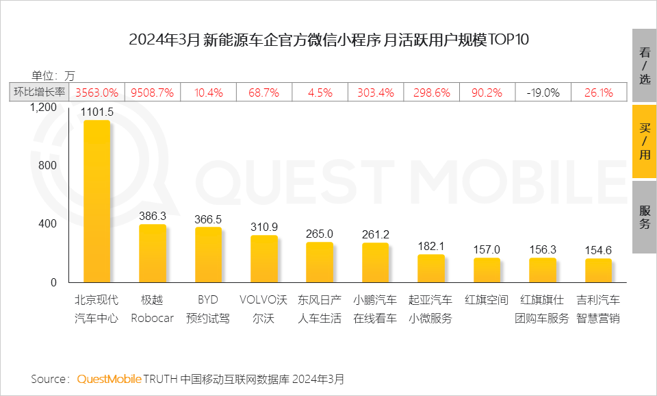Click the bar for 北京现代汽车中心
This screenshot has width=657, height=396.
[x=96, y=201]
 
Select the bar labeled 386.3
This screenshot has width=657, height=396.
[x=153, y=253]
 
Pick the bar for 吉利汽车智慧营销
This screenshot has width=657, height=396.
[x=598, y=270]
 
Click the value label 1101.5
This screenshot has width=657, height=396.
[x=96, y=112]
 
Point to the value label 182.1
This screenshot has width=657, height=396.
[x=431, y=246]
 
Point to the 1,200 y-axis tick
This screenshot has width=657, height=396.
[x=43, y=108]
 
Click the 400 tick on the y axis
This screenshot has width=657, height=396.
[x=48, y=224]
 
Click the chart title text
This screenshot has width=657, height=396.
[x=328, y=40]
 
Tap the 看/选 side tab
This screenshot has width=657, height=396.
[x=644, y=65]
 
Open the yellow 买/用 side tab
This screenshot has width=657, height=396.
[x=644, y=141]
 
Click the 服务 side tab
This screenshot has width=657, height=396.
[x=644, y=217]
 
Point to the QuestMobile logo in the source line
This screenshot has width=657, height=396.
[x=109, y=379]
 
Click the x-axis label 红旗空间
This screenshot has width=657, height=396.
[x=487, y=300]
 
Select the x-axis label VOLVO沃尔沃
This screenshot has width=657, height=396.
[x=263, y=309]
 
